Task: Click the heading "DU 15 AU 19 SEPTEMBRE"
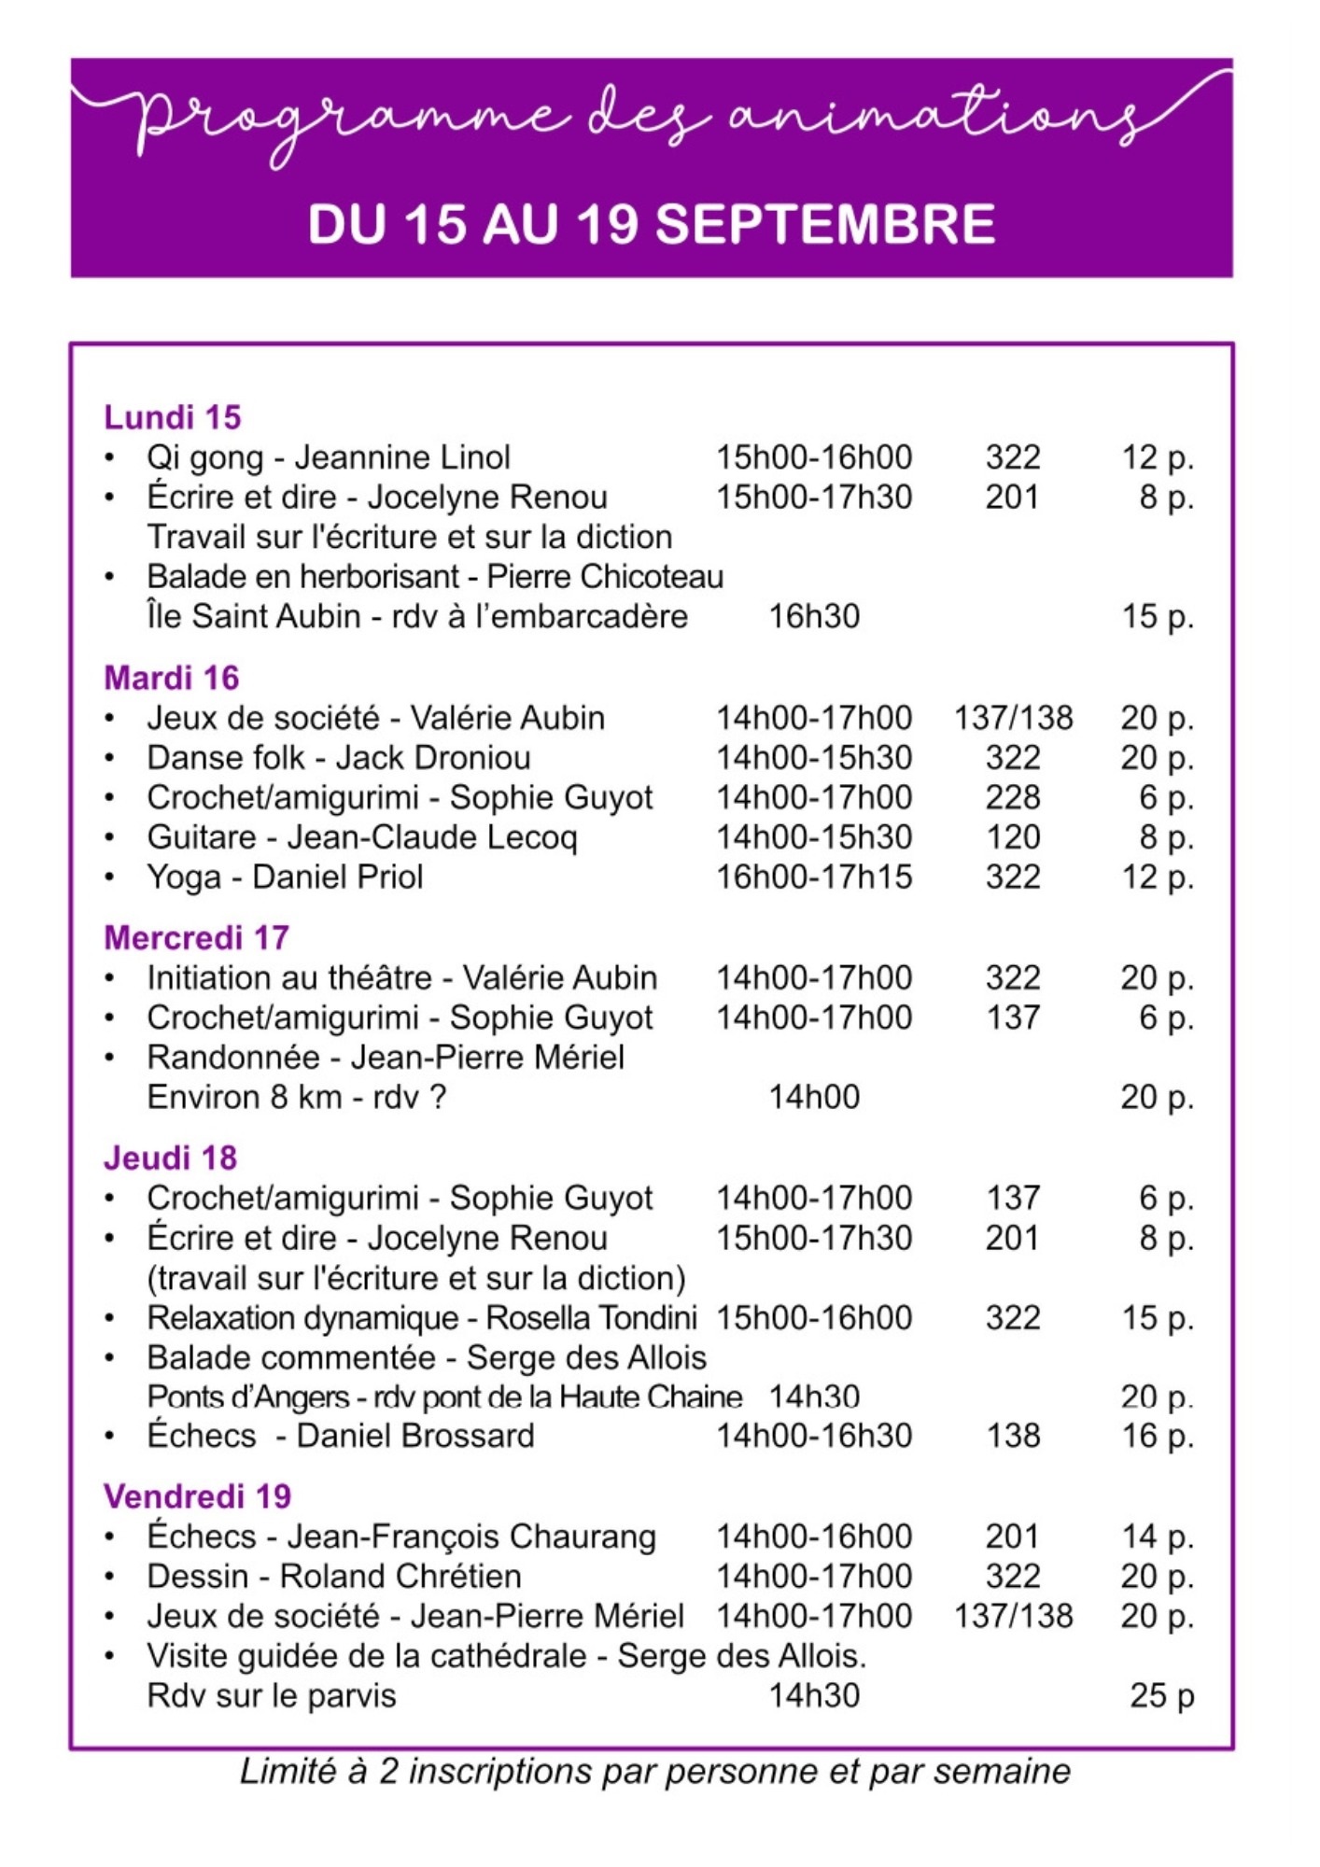652,225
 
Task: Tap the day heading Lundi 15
173,417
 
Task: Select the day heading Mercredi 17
197,937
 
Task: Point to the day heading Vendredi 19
198,1496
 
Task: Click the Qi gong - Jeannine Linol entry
329,457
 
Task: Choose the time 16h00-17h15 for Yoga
814,877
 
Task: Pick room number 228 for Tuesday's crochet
1013,797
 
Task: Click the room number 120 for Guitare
1013,836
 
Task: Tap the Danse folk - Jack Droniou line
339,757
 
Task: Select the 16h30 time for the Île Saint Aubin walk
814,616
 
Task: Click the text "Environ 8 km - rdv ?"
297,1097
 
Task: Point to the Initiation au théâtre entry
402,977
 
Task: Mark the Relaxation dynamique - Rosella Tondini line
422,1317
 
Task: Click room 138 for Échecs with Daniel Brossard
1013,1435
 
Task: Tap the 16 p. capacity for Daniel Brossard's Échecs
1158,1435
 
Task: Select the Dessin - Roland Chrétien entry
334,1576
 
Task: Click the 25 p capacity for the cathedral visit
1162,1694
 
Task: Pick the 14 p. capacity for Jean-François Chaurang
1158,1536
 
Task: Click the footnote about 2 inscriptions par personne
655,1771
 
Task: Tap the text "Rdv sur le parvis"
272,1695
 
